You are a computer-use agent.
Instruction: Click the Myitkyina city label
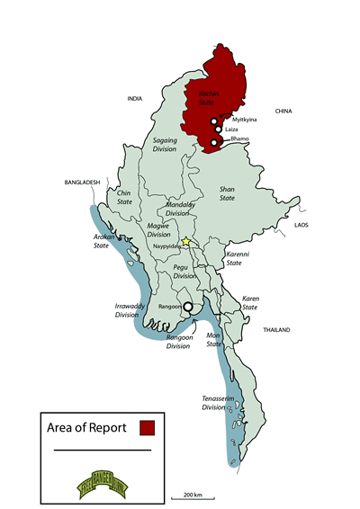(x=245, y=120)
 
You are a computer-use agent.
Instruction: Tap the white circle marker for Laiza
(x=218, y=129)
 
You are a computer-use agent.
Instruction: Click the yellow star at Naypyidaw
(x=186, y=241)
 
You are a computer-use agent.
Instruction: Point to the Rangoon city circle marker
(x=188, y=307)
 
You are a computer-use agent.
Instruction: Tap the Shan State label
(x=233, y=194)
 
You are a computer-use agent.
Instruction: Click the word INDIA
(x=136, y=98)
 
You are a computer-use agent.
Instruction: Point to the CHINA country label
(x=284, y=112)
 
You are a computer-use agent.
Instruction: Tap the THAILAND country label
(x=276, y=330)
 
